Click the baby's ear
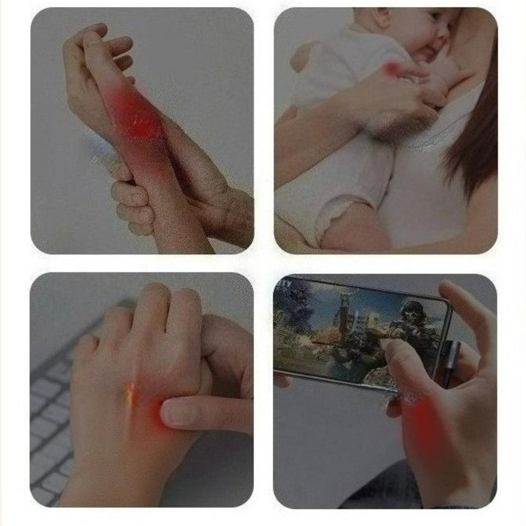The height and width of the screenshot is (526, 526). tap(381, 17)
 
